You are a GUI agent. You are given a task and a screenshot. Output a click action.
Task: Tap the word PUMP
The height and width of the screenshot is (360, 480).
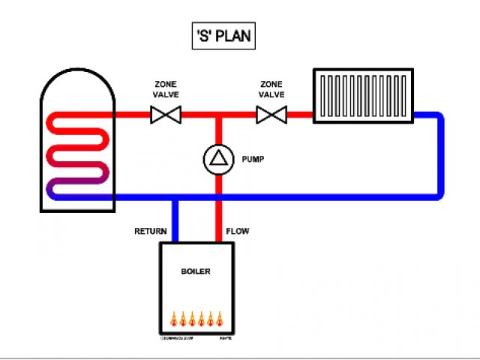pos(253,159)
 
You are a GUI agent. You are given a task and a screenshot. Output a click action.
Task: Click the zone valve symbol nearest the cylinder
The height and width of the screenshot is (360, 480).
pos(164,115)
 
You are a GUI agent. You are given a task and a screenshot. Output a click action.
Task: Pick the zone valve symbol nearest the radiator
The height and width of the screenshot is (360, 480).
pos(271,115)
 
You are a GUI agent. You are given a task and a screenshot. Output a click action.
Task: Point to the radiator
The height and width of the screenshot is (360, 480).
pos(364,95)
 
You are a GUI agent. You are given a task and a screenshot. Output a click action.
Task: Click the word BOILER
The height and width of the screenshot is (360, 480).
pos(196,271)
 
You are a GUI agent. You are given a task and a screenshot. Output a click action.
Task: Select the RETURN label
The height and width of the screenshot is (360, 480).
pos(150,231)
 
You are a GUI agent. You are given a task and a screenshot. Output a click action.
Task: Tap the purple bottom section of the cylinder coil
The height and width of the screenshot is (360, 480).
pos(79,187)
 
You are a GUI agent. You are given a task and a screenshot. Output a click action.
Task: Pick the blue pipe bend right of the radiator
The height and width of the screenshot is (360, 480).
pos(437,120)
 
